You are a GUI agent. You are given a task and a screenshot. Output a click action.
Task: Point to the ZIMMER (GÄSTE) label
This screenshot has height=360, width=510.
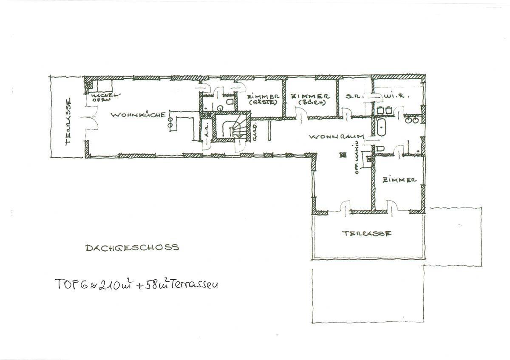(264, 99)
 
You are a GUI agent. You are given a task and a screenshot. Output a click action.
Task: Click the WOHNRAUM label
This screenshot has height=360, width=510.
(335, 137)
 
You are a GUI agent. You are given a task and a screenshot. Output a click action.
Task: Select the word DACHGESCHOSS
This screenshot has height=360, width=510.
(132, 247)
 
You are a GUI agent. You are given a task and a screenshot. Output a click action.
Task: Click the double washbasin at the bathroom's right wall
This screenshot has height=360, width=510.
(412, 120)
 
